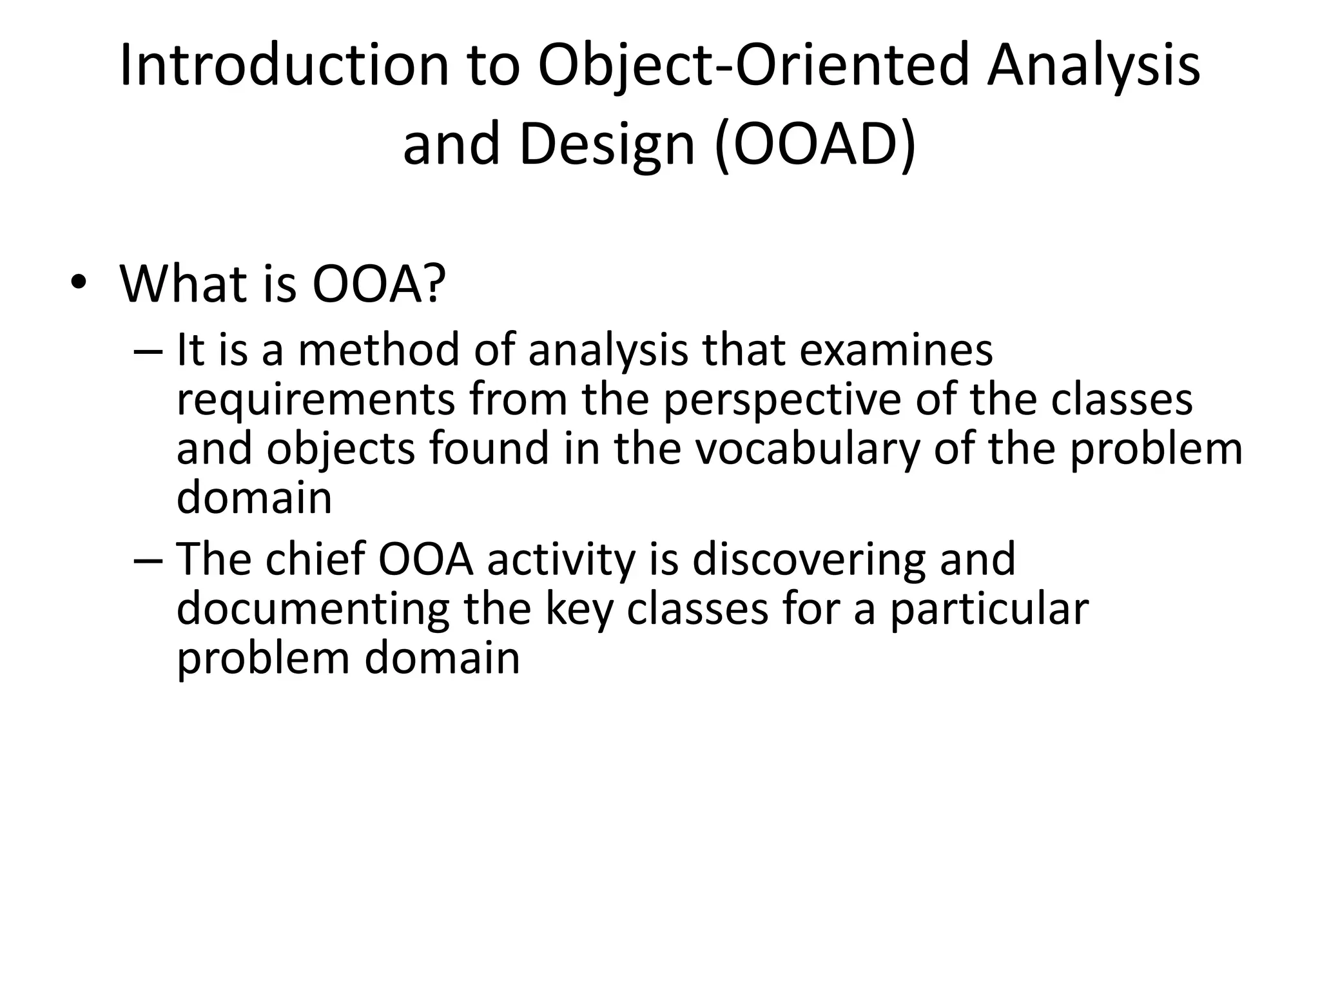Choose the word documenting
[x=313, y=608]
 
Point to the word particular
[x=989, y=608]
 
